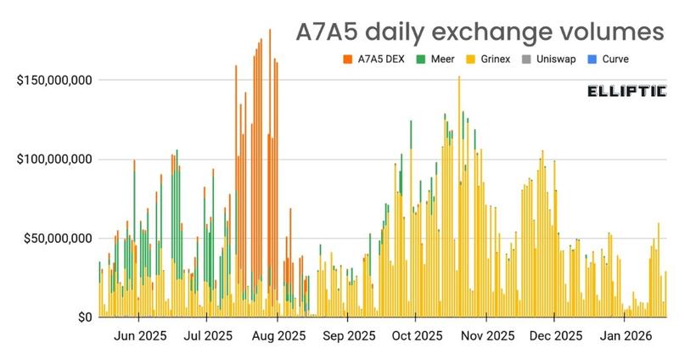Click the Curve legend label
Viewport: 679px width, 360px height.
point(614,59)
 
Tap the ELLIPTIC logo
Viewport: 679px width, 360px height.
point(626,91)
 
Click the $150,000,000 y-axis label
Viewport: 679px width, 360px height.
point(55,81)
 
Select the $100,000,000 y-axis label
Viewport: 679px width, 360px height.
point(55,160)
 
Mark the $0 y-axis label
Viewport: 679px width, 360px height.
point(82,318)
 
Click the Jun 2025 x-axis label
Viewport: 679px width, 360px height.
point(140,336)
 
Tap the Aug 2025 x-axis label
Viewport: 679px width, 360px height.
point(278,336)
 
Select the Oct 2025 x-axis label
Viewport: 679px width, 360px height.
point(416,336)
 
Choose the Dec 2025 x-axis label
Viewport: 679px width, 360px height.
point(553,336)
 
